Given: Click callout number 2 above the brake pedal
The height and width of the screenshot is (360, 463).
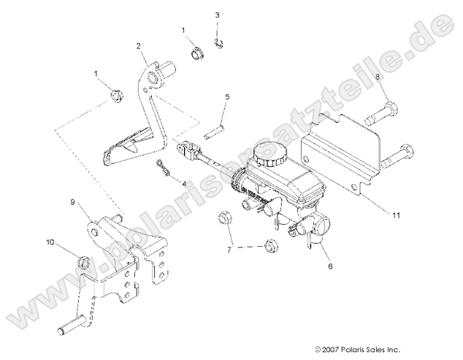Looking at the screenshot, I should click(137, 46).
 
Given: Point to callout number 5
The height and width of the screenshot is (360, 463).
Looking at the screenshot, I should click(227, 96).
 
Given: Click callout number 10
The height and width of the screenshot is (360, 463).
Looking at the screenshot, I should click(50, 241).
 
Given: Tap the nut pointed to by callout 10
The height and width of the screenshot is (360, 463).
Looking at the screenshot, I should click(83, 260).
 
